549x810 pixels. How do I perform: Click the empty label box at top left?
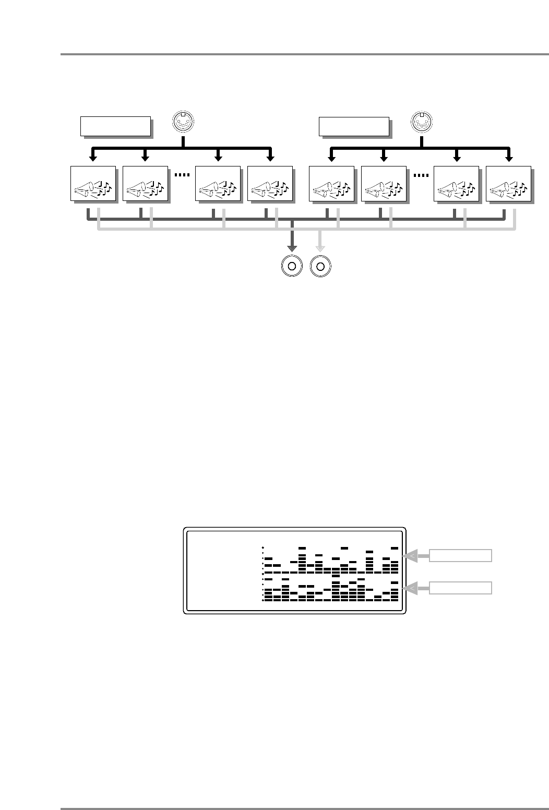click(115, 126)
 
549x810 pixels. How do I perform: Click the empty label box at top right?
click(354, 126)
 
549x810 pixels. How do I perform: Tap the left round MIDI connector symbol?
click(183, 123)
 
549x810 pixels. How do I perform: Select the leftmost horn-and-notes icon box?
click(93, 183)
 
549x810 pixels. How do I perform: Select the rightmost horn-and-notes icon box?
click(508, 183)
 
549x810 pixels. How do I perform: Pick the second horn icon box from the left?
click(145, 183)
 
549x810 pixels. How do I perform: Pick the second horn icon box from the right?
click(456, 183)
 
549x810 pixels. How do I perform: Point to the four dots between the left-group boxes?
click(181, 175)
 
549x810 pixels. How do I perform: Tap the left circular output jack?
click(292, 266)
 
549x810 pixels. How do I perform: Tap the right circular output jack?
click(320, 266)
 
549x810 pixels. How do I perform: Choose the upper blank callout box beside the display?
click(460, 555)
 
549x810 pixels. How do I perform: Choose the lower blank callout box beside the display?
click(460, 588)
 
